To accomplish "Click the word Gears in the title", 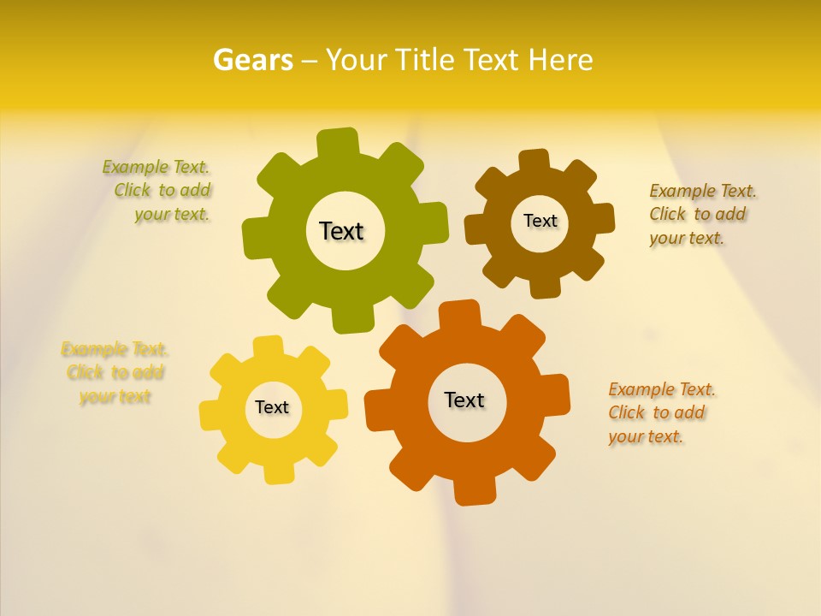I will [x=252, y=60].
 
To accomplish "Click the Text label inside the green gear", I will [x=341, y=231].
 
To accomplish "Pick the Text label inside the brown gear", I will [x=540, y=221].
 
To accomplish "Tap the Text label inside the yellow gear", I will [x=272, y=407].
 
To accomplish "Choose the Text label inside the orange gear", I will [x=464, y=400].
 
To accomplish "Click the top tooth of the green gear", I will [x=338, y=142].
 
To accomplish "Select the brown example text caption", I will [x=701, y=214].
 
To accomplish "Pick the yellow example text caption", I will [x=115, y=372].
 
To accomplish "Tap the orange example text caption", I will [x=660, y=412].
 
